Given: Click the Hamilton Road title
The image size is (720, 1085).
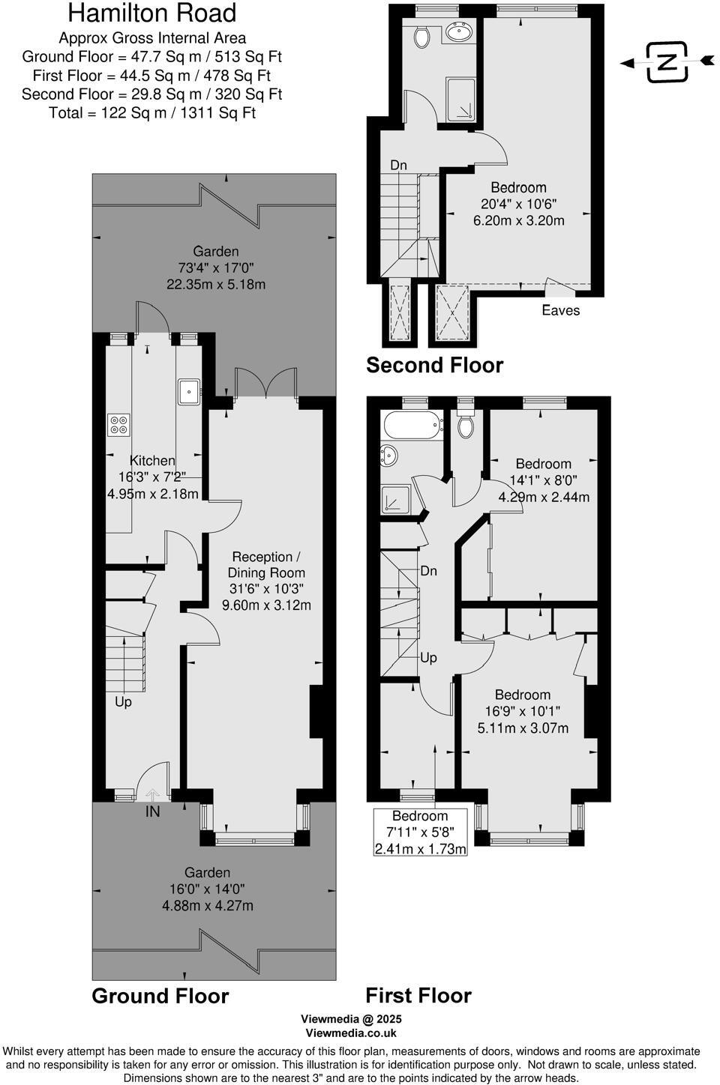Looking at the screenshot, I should [x=151, y=13].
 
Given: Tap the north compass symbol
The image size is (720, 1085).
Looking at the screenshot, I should [x=667, y=61].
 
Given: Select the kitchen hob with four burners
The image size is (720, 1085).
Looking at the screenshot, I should [x=118, y=425].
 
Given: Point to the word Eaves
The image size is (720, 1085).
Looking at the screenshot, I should [x=560, y=310].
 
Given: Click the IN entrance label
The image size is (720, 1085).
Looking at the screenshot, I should [x=152, y=812].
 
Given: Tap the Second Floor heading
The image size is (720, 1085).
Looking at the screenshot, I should [x=434, y=365].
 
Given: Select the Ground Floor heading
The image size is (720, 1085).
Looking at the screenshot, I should [x=160, y=996].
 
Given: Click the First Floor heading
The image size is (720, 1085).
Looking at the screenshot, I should [x=418, y=995].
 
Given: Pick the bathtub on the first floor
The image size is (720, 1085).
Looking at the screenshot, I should [x=411, y=426].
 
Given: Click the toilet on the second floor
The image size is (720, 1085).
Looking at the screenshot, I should [x=421, y=36].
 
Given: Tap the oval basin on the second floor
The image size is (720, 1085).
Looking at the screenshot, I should [x=457, y=31].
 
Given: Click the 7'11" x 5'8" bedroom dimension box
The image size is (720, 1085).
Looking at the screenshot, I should [x=420, y=832].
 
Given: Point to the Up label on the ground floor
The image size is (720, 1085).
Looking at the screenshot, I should [x=123, y=702].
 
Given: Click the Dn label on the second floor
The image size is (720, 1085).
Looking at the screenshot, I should [x=398, y=165].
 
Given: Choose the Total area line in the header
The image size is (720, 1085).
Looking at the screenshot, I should [x=151, y=113].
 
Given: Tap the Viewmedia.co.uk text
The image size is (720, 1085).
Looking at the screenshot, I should [x=351, y=1033].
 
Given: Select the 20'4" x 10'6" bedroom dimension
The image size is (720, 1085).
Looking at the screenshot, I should [x=518, y=204].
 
